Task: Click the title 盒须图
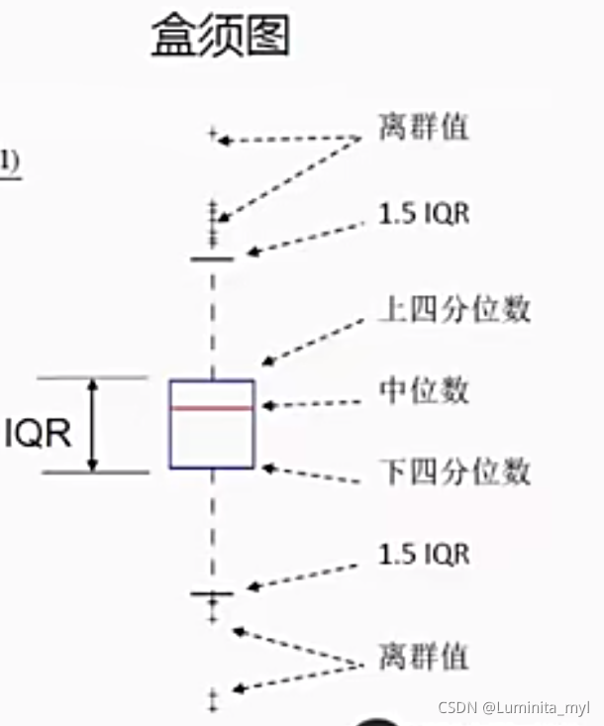click(220, 37)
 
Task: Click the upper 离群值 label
click(423, 128)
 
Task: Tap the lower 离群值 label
click(423, 655)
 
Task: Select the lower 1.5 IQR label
click(424, 554)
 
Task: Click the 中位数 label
click(424, 390)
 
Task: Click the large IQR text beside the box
click(38, 434)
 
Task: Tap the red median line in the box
click(212, 407)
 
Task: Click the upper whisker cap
click(212, 259)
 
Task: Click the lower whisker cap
click(212, 593)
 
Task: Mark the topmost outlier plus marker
click(212, 133)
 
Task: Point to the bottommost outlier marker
click(212, 702)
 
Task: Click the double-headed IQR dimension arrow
click(93, 424)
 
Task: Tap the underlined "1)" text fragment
click(9, 161)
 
